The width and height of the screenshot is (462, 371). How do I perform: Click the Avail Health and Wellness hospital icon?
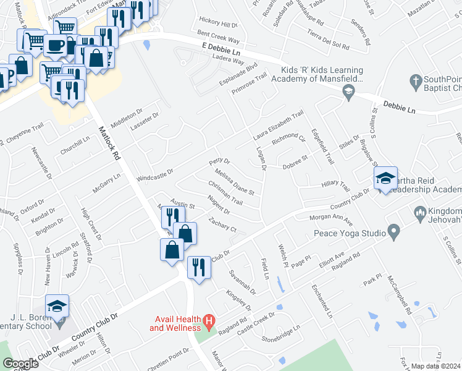(x=209, y=322)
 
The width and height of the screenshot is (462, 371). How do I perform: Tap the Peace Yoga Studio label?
(x=348, y=233)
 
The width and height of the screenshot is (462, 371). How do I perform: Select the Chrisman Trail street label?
(x=225, y=194)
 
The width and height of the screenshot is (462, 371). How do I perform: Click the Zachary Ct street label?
(x=223, y=224)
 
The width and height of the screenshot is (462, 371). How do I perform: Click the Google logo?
(x=20, y=364)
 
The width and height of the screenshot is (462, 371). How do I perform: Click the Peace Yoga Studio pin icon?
(x=394, y=233)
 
